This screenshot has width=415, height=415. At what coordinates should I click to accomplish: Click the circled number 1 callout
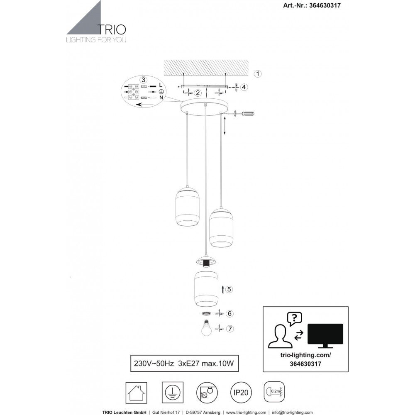[x=258, y=74]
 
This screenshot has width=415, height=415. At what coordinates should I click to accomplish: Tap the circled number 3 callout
[x=143, y=80]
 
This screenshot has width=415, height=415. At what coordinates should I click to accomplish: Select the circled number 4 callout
[x=244, y=87]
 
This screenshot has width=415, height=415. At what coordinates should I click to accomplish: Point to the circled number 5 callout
[x=229, y=289]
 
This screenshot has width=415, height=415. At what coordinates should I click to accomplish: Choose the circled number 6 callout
[x=229, y=314]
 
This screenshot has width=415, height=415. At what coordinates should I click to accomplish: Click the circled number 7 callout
[x=230, y=329]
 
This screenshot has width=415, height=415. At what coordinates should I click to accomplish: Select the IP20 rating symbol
[x=241, y=393]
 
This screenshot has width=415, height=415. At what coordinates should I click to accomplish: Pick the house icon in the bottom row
[x=136, y=393]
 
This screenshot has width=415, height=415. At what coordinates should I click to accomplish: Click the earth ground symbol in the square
[x=172, y=393]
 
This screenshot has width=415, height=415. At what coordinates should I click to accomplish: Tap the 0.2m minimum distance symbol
[x=274, y=392]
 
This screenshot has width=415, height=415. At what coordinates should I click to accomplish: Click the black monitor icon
[x=325, y=335]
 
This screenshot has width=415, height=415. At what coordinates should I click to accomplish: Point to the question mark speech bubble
[x=294, y=318]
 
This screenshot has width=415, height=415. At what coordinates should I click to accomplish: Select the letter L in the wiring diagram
[x=161, y=85]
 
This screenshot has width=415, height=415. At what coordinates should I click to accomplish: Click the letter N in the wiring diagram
[x=161, y=98]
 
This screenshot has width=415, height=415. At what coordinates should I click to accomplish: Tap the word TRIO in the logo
[x=112, y=29]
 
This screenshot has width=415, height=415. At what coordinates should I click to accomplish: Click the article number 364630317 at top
[x=325, y=5]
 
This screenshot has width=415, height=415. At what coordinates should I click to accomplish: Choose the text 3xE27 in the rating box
[x=188, y=364]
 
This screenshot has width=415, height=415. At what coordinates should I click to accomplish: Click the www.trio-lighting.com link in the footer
[x=246, y=413]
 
